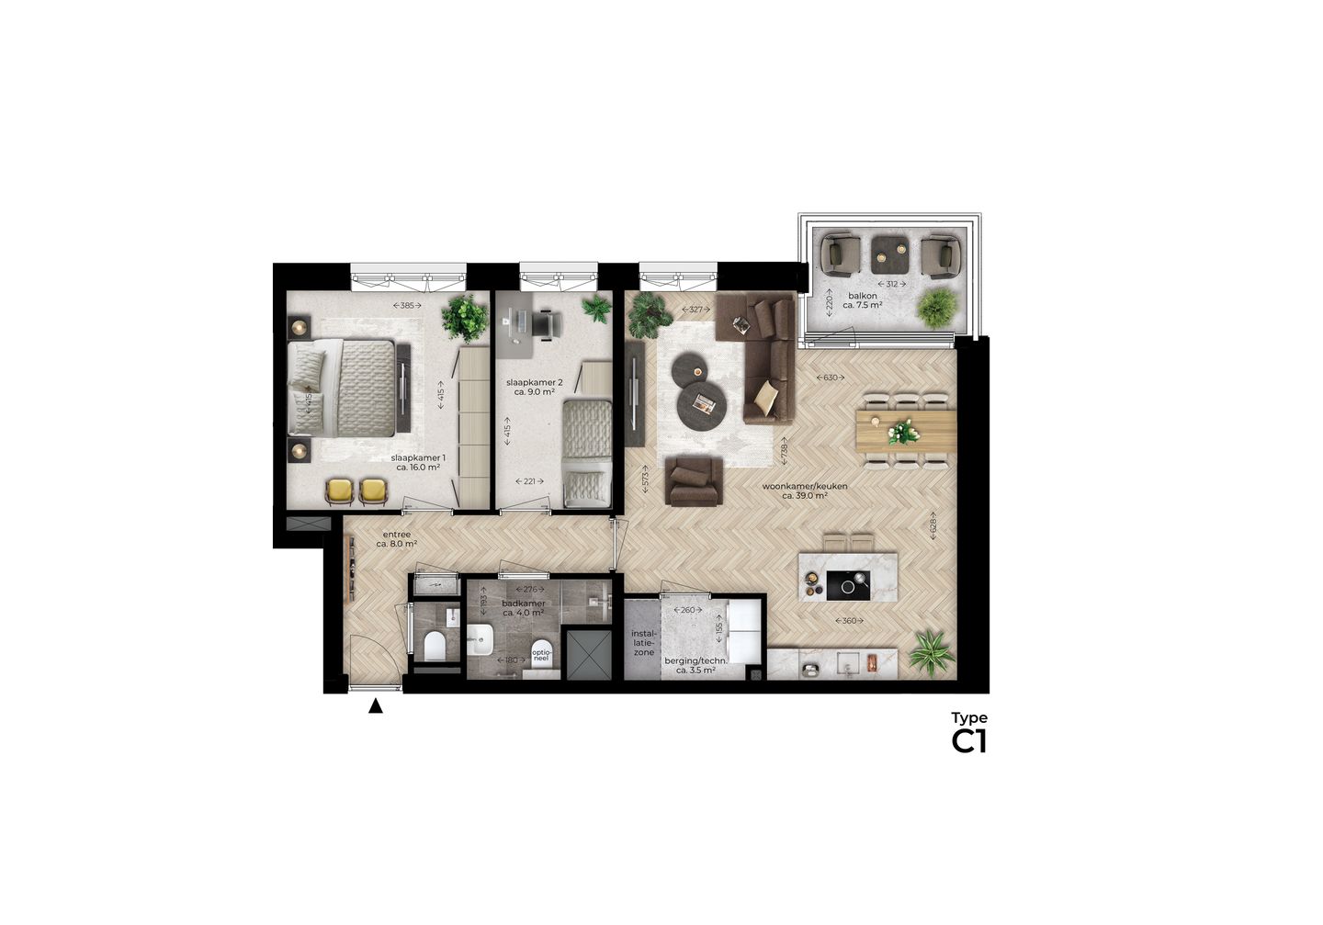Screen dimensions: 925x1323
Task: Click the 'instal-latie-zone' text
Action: click(643, 643)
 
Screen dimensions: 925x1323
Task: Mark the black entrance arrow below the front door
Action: click(375, 706)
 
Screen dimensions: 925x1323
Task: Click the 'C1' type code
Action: click(968, 741)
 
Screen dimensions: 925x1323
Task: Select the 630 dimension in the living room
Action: click(831, 378)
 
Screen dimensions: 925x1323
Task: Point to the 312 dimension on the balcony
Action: click(891, 284)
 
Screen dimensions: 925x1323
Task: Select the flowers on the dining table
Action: click(902, 430)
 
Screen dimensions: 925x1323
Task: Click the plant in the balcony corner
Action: click(935, 307)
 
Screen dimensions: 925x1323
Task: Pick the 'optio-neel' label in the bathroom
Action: click(541, 656)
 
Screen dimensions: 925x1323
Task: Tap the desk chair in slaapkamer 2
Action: click(548, 322)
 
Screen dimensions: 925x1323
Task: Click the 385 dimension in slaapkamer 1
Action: click(407, 305)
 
